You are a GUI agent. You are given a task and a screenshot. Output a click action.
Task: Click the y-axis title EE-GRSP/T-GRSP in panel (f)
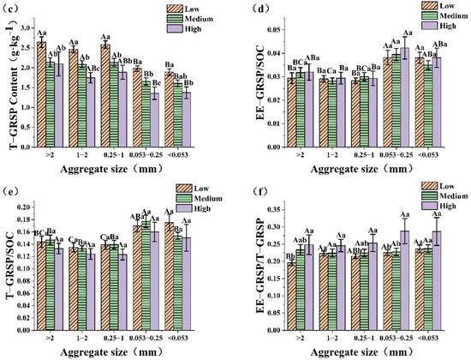coord(249,261)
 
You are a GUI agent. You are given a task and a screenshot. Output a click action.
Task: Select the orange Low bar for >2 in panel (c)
coord(41,94)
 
